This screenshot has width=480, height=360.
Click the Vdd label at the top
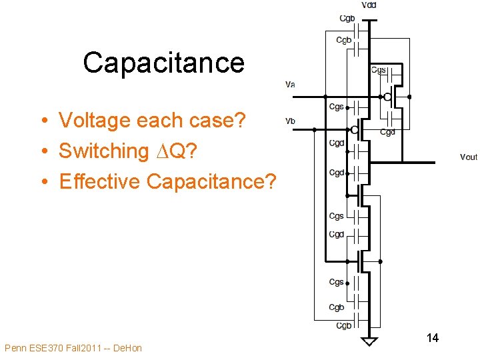coord(369,5)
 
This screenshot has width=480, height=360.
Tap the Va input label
coord(290,85)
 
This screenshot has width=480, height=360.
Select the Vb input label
coord(290,121)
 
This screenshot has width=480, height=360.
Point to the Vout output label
coord(469,157)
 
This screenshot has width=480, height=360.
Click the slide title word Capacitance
coord(164,63)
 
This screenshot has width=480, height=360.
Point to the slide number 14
coord(432,338)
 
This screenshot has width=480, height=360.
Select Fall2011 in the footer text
coord(83,348)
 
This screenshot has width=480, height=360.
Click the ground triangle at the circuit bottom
coord(369,341)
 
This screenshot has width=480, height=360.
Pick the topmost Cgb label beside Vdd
coord(347,19)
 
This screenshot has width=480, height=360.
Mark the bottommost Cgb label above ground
coord(343,325)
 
